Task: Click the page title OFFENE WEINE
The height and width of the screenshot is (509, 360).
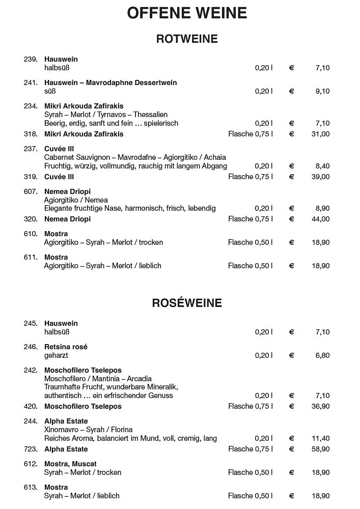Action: click(187, 13)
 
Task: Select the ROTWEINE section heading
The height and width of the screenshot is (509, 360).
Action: click(187, 39)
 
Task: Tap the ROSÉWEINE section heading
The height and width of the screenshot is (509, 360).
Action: click(187, 303)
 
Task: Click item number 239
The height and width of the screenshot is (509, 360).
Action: click(31, 60)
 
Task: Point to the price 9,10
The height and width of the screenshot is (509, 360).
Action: click(322, 92)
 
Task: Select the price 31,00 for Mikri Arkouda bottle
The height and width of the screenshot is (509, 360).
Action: click(321, 134)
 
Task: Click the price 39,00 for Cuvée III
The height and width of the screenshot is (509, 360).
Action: click(321, 177)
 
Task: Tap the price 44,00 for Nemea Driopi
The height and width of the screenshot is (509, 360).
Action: click(321, 219)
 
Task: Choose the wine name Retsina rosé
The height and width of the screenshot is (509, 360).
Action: click(66, 347)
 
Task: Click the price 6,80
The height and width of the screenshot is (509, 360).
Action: click(322, 356)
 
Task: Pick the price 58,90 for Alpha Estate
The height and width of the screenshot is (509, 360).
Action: click(321, 449)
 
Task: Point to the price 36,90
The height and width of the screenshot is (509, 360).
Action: click(321, 407)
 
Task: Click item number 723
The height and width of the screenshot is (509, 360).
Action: click(31, 449)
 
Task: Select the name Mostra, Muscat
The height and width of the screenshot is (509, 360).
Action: click(70, 464)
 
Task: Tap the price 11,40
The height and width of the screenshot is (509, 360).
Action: click(321, 439)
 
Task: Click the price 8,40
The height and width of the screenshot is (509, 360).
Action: click(322, 166)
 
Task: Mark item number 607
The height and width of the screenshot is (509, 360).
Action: click(31, 192)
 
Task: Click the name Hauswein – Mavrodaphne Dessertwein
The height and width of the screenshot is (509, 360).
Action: click(110, 83)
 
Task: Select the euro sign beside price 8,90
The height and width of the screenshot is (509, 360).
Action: click(292, 209)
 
